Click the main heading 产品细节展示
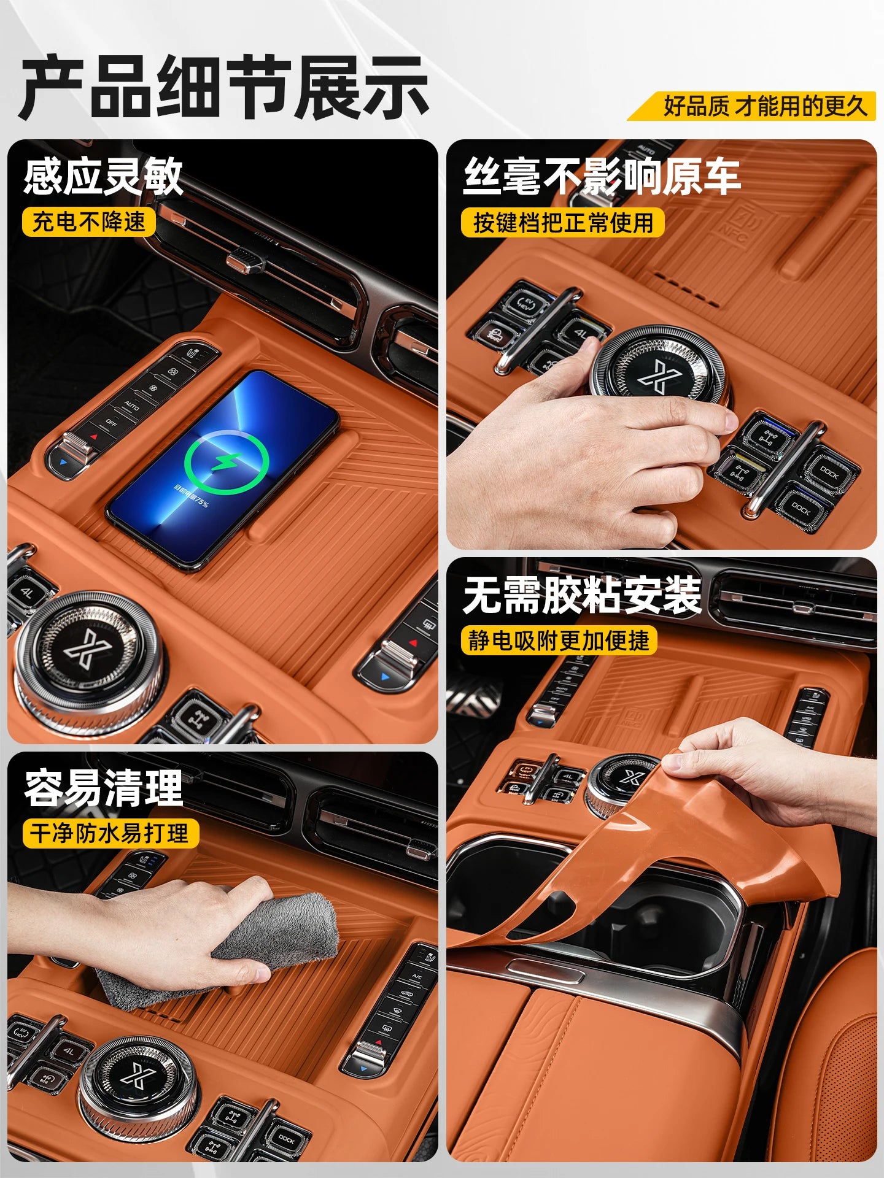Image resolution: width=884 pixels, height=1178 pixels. click(225, 87)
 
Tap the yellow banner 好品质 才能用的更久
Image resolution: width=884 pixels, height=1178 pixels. click(764, 106)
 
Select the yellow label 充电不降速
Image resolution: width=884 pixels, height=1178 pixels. click(89, 221)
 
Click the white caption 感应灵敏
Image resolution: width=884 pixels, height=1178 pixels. click(103, 176)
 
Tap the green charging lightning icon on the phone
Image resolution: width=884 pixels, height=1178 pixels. click(227, 461)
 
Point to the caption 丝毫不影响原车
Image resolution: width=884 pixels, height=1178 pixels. click(602, 176)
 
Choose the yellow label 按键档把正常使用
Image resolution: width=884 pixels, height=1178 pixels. click(563, 222)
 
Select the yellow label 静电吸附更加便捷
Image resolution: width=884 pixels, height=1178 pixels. click(559, 641)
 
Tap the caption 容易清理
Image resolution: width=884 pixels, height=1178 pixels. click(103, 788)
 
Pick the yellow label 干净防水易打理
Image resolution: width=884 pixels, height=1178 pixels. click(110, 833)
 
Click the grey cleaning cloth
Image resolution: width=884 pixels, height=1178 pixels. click(270, 939)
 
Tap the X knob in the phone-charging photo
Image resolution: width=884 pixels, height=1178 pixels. click(88, 650)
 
